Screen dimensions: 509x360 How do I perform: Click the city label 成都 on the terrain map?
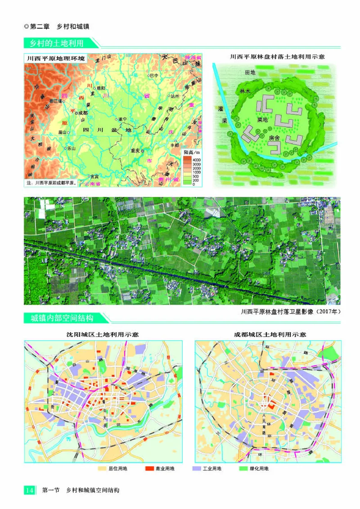pyautogui.click(x=82, y=113)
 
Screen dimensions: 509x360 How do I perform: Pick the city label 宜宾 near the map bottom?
pyautogui.click(x=94, y=176)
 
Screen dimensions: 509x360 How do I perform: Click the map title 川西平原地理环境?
pyautogui.click(x=52, y=58)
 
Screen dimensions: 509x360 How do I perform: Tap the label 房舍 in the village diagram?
pyautogui.click(x=274, y=138)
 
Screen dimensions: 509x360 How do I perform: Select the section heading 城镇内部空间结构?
pyautogui.click(x=62, y=318)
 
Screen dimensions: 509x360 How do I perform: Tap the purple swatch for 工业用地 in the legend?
pyautogui.click(x=196, y=468)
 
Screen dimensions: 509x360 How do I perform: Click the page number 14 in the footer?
pyautogui.click(x=30, y=490)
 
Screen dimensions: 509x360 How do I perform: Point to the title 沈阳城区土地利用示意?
pyautogui.click(x=103, y=335)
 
